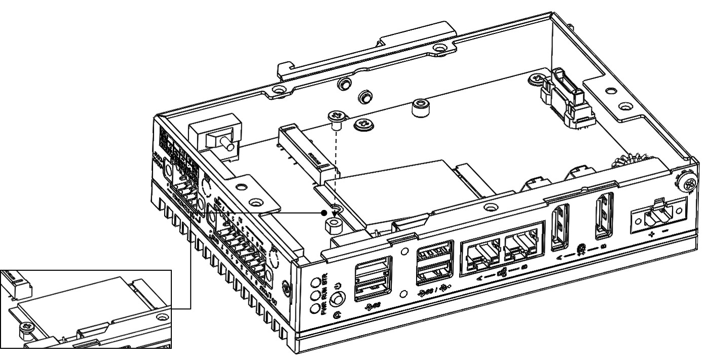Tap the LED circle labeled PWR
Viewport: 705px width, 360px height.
point(315,308)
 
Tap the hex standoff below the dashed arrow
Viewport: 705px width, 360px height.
point(333,224)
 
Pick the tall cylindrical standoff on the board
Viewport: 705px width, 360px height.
point(419,108)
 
